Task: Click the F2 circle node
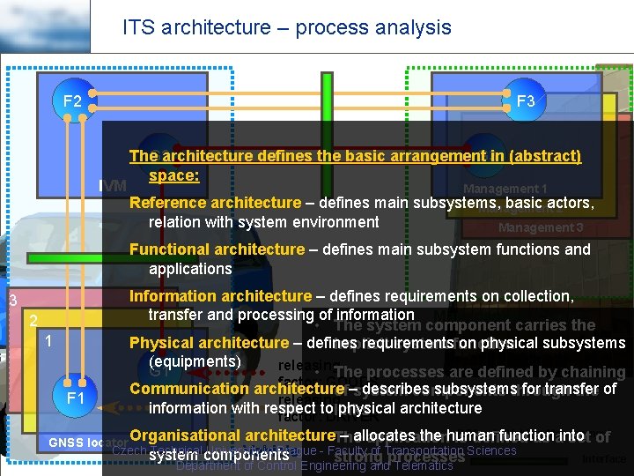(x=72, y=101)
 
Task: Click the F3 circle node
(x=526, y=101)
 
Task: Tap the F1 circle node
(x=76, y=398)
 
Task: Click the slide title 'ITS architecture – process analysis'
(x=286, y=27)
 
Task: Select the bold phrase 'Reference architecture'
(x=215, y=203)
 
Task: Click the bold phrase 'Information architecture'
(x=220, y=296)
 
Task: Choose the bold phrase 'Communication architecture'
(x=236, y=389)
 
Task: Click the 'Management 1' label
(x=505, y=189)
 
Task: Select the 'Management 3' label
(x=541, y=227)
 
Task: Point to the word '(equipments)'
(x=195, y=361)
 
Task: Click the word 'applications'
(x=190, y=269)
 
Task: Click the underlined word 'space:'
(x=174, y=175)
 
